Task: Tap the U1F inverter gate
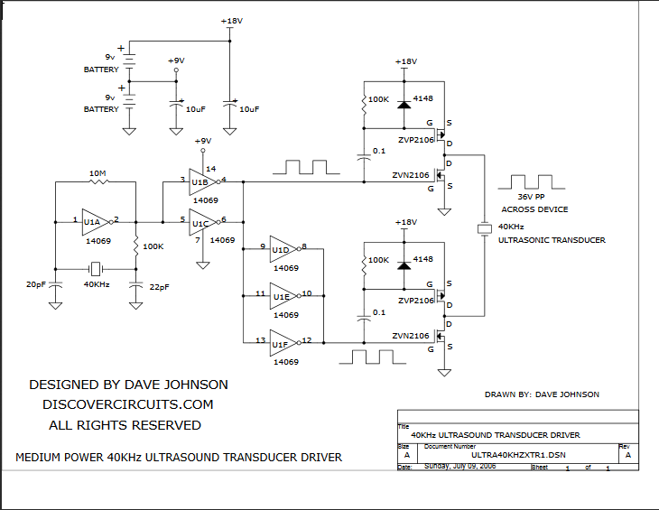point(282,342)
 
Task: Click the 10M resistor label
point(98,172)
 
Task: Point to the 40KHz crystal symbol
point(96,269)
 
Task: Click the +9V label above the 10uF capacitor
point(176,60)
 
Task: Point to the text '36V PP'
point(532,198)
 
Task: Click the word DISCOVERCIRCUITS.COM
point(128,404)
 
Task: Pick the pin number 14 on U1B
point(211,168)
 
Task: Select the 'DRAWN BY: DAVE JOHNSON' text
point(542,394)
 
